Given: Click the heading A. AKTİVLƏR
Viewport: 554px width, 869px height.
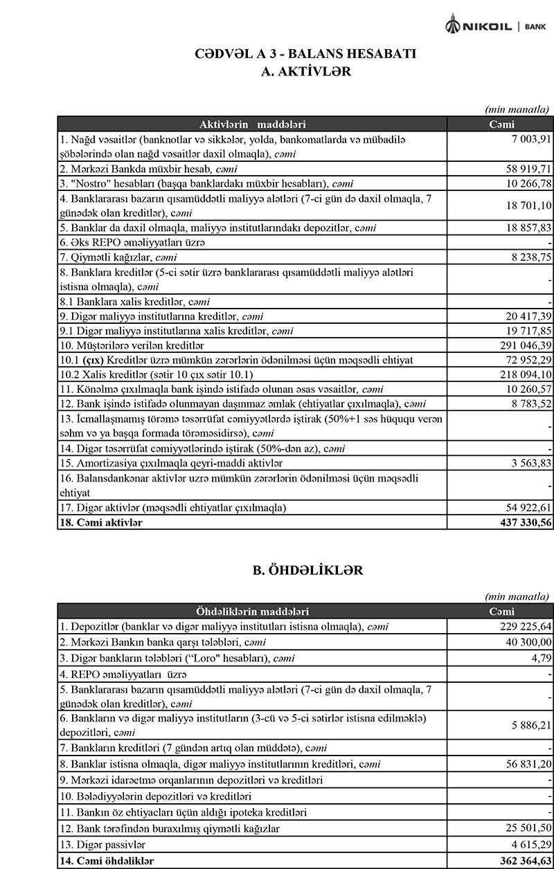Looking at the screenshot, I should [305, 71].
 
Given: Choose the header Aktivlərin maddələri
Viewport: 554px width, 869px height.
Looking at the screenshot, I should [253, 125].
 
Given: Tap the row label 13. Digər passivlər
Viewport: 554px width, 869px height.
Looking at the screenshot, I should [103, 845].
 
